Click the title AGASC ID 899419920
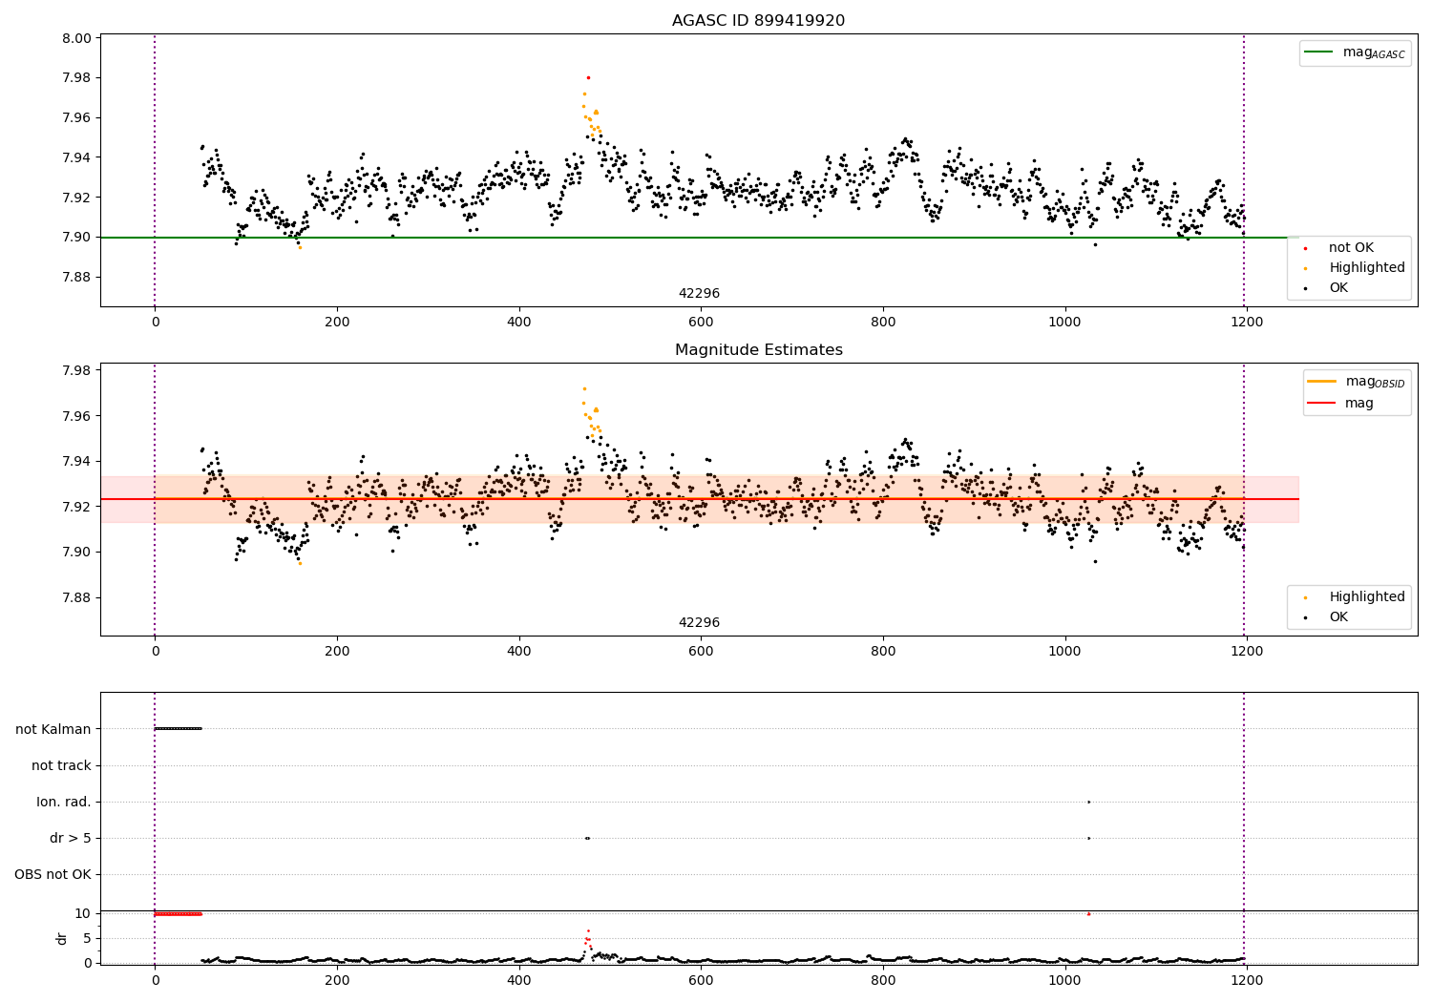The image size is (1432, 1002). tap(758, 21)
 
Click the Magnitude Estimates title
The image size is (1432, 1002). tap(758, 350)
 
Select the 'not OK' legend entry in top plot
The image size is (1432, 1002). tap(1350, 248)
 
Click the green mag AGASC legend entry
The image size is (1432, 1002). tap(1356, 52)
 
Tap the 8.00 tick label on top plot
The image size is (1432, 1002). tap(77, 39)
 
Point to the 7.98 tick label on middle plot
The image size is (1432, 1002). tap(77, 370)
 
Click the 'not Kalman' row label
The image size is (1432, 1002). tap(53, 729)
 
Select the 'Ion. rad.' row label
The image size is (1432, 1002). tap(64, 802)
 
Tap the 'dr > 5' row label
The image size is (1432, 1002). tap(71, 838)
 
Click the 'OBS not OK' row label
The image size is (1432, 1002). tap(53, 874)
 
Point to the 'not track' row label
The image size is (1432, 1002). tap(61, 765)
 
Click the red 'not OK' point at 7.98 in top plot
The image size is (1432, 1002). tap(588, 77)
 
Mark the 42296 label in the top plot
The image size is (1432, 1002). tap(699, 294)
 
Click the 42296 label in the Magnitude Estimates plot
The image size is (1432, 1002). tap(699, 623)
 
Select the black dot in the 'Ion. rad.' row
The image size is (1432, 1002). tap(1088, 802)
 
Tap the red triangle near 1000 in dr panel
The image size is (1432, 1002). tap(1088, 913)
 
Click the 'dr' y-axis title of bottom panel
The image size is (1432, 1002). tap(62, 938)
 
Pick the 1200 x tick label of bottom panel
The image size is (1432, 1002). tap(1247, 980)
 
